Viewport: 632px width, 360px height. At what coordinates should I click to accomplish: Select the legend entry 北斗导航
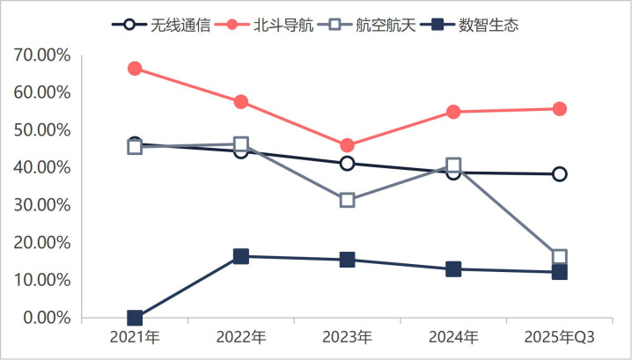coord(272,24)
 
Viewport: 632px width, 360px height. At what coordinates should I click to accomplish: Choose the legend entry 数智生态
coord(489,24)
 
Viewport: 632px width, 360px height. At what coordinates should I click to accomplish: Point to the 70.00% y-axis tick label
coord(42,55)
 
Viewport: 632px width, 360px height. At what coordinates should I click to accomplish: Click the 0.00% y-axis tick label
coord(46,318)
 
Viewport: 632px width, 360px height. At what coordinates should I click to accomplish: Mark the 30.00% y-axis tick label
coord(42,205)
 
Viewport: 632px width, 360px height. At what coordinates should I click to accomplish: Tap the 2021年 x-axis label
coord(135,337)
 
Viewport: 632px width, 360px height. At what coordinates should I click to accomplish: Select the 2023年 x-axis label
coord(347,337)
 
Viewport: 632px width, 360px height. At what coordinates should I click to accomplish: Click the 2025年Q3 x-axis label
coord(559,337)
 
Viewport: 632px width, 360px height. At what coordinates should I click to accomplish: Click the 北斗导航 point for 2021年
coord(135,69)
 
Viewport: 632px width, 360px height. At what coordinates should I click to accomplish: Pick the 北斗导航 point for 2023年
coord(347,145)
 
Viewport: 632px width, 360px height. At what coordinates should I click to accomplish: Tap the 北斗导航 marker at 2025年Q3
coord(559,109)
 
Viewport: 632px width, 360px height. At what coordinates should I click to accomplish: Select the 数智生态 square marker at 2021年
coord(135,318)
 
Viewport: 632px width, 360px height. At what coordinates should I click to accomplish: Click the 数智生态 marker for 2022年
coord(241,256)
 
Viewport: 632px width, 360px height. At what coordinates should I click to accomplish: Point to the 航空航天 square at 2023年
coord(347,200)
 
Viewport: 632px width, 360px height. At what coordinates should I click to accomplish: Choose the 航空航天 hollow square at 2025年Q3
coord(559,257)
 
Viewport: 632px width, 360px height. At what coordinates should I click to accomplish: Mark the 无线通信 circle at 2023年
coord(347,164)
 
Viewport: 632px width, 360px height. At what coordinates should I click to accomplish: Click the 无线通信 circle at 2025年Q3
coord(559,174)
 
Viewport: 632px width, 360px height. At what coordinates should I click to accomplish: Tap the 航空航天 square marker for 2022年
coord(241,144)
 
